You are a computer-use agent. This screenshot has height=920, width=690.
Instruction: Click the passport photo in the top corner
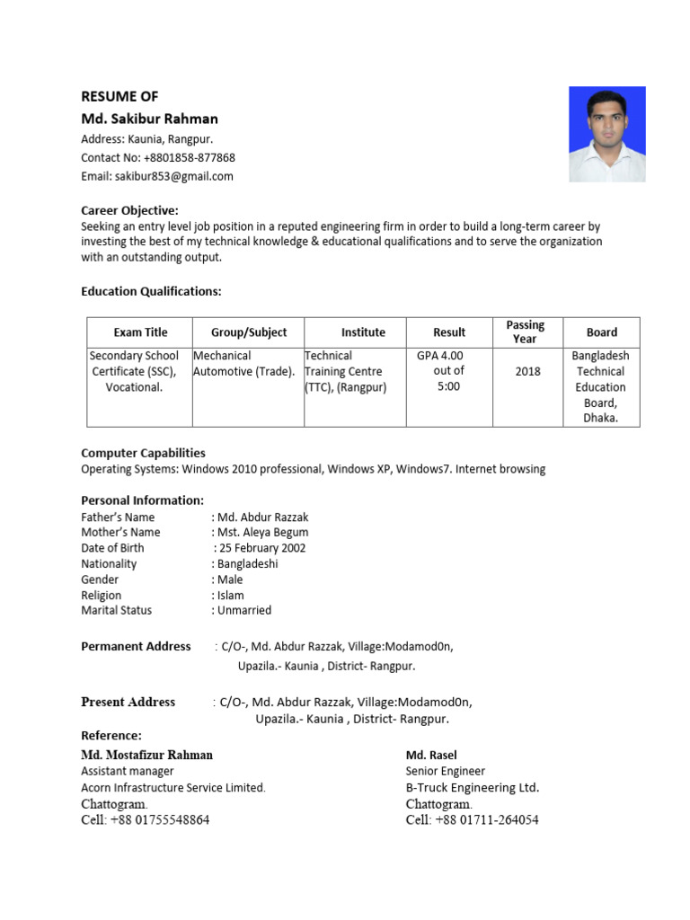click(606, 134)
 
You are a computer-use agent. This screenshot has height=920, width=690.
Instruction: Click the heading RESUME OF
click(119, 96)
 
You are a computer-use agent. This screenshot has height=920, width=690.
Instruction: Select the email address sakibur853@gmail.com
click(157, 176)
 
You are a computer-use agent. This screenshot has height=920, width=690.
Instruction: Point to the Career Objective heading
click(129, 210)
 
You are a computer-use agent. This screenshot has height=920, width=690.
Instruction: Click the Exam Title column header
click(140, 332)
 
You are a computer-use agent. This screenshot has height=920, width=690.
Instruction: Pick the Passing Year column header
click(525, 332)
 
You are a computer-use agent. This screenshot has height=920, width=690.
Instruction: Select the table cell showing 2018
click(527, 371)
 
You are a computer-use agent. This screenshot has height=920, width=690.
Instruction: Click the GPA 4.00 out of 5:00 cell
click(440, 371)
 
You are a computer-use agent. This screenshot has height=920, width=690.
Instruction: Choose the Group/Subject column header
click(249, 332)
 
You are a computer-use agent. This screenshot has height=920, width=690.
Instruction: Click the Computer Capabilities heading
click(143, 453)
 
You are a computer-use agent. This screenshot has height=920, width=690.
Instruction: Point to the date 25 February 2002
click(261, 548)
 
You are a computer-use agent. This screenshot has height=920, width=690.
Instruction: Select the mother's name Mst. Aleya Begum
click(261, 533)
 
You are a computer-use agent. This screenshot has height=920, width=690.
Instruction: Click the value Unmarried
click(242, 610)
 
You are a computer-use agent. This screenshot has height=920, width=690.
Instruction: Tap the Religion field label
click(102, 595)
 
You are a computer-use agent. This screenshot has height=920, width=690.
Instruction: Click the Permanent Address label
click(136, 646)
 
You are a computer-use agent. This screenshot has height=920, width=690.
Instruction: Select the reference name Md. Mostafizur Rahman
click(147, 755)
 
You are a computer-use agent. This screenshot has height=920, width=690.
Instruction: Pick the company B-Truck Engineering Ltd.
click(473, 788)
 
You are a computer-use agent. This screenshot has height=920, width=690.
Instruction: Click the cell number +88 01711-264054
click(473, 819)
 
